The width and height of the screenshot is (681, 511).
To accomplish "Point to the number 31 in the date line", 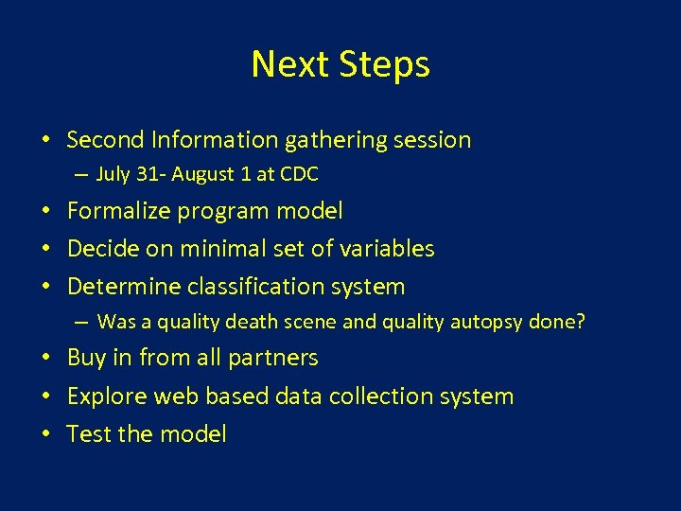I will [142, 174].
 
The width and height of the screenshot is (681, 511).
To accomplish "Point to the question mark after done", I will [581, 322].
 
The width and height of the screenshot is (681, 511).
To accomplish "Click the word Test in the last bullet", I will [86, 433].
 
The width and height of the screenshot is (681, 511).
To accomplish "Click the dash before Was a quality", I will [83, 323].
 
